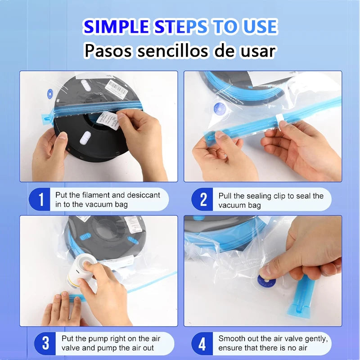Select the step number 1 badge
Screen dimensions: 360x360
(x=41, y=199)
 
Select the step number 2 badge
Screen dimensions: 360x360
(x=203, y=199)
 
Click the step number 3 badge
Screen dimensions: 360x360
(x=45, y=343)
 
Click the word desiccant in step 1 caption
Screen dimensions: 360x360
(x=143, y=195)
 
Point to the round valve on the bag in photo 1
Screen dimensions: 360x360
(x=50, y=94)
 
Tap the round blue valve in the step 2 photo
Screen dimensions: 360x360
(x=220, y=108)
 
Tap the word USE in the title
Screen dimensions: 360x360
(x=255, y=27)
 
